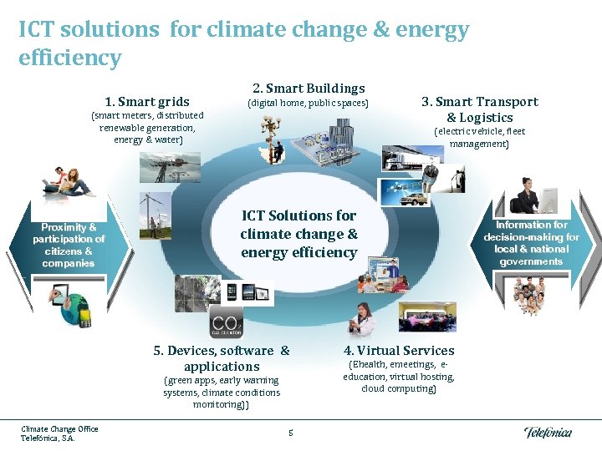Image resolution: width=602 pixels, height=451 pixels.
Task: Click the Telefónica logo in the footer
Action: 548,432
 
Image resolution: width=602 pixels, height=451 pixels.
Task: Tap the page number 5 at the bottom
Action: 290,432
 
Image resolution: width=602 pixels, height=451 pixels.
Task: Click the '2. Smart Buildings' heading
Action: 309,88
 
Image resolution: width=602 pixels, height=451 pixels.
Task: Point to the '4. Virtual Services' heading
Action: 399,351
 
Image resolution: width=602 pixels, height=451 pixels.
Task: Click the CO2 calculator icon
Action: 226,321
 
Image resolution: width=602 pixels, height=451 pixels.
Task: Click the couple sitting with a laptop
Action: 71,181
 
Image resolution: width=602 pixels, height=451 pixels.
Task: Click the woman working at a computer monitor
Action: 533,195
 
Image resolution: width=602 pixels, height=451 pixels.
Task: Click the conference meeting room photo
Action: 426,317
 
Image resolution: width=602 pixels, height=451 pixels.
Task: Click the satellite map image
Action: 197,293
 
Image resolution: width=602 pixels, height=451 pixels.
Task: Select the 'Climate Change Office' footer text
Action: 59,429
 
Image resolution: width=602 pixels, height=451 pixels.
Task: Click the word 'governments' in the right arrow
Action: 531,261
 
